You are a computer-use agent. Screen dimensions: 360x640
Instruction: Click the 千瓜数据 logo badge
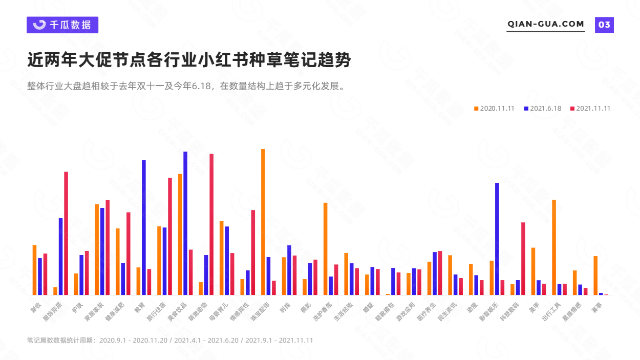click(x=62, y=25)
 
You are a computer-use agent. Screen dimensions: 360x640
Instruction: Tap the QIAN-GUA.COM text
click(x=545, y=24)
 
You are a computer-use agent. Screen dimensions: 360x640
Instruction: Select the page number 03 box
click(x=604, y=25)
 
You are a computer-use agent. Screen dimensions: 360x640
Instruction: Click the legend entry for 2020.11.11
click(x=494, y=109)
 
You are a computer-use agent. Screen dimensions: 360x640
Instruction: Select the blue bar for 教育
click(x=144, y=227)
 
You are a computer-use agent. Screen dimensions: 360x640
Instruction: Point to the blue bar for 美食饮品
click(x=185, y=223)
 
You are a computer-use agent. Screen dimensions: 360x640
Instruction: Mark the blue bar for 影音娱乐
click(x=497, y=239)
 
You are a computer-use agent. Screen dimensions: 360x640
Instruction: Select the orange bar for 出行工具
click(x=554, y=247)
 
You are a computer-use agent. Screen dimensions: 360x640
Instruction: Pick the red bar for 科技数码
click(x=523, y=259)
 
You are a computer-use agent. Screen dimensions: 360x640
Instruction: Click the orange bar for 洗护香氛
click(x=325, y=249)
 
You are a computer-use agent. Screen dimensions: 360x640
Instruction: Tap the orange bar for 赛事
click(x=595, y=276)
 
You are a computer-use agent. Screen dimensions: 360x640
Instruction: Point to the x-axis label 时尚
click(x=285, y=306)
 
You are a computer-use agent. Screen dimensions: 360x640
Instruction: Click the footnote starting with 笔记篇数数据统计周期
click(x=170, y=340)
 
